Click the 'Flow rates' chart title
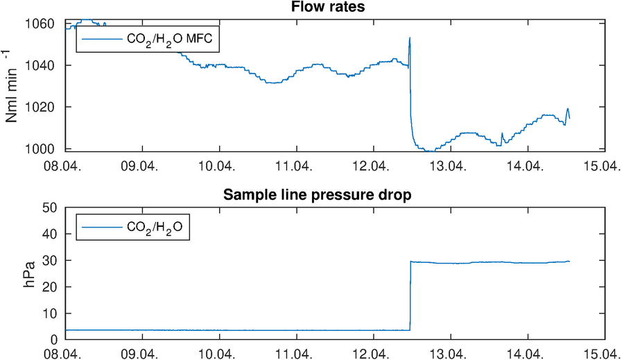335,8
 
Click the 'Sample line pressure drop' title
335,194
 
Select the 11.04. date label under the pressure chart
296,354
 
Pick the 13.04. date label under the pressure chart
450,354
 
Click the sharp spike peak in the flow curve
410,38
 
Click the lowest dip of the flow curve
430,151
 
